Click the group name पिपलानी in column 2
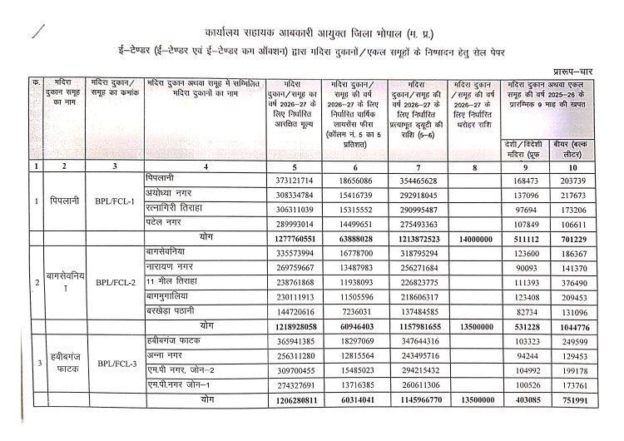coord(64,202)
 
